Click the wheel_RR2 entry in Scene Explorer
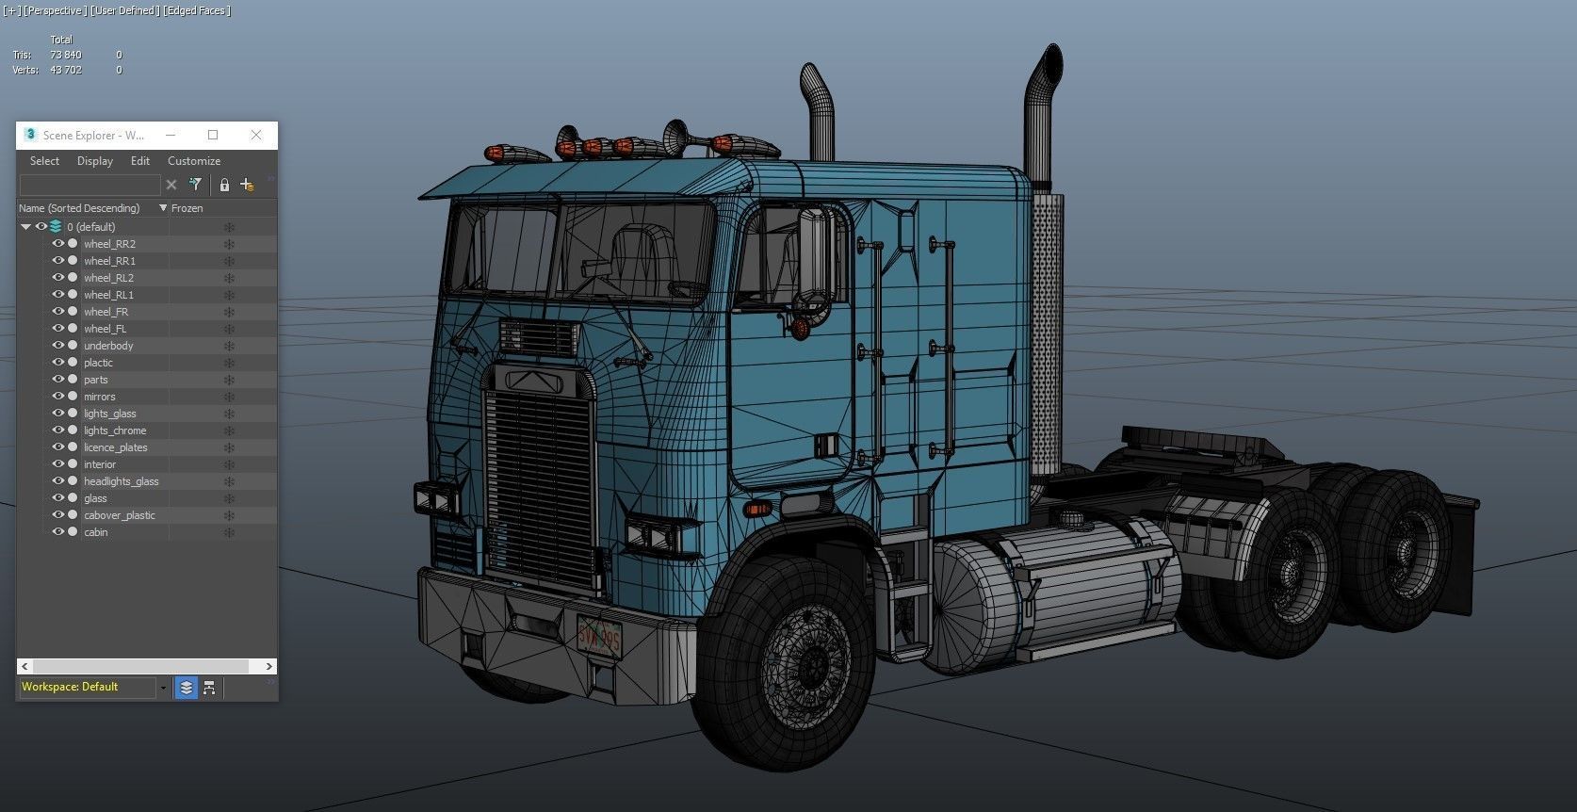coord(109,244)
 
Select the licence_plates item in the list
coord(115,447)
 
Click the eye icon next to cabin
coord(57,532)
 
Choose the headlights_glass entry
coord(121,481)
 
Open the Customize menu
coord(193,161)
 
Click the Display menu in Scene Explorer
coord(94,161)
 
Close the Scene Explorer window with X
coord(256,135)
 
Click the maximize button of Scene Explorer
coord(213,135)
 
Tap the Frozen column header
coord(187,208)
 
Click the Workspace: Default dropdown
coord(89,687)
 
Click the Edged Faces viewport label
coord(197,10)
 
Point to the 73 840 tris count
coord(65,55)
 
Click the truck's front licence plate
coord(599,637)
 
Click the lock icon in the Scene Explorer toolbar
coord(224,185)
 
